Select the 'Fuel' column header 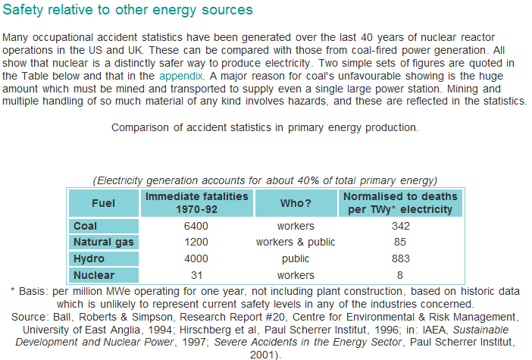[103, 203]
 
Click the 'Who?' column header [296, 203]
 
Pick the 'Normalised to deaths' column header [401, 202]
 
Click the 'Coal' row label [86, 226]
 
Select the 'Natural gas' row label [103, 242]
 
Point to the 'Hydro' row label [89, 258]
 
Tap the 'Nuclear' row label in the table [93, 274]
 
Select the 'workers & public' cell [296, 242]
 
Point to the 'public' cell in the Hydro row [296, 258]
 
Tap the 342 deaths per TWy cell [401, 226]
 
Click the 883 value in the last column [401, 258]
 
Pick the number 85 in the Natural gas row [401, 242]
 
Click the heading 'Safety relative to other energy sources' [129, 11]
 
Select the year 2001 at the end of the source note [267, 353]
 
